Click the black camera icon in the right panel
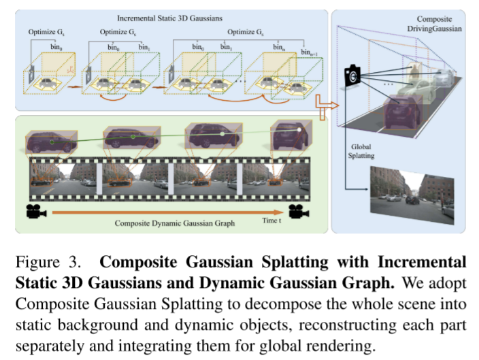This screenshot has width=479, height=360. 352,76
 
